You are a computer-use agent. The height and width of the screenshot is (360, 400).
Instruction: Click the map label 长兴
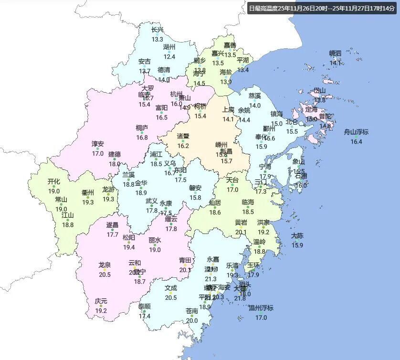tap(157, 30)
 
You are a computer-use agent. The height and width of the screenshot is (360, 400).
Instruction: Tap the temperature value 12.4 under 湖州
tap(169, 56)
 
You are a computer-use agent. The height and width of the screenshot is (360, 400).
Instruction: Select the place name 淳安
tap(98, 144)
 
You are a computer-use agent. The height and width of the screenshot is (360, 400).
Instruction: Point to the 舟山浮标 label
tap(356, 132)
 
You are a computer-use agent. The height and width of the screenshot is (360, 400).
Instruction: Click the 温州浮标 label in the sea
tap(261, 308)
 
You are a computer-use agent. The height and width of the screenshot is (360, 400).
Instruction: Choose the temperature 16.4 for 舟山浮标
tap(357, 141)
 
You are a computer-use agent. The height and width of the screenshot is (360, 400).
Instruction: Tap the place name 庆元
tap(101, 301)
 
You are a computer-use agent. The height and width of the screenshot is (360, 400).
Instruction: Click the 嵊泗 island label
tap(336, 53)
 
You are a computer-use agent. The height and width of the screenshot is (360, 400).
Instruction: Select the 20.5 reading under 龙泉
tap(105, 275)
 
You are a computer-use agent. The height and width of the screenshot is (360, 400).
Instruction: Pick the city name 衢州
tap(88, 192)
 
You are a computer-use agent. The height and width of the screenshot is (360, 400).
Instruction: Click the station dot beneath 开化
tap(54, 187)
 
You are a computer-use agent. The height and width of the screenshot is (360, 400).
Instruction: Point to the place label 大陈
tap(297, 235)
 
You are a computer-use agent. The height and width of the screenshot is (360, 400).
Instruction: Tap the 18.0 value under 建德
tap(115, 164)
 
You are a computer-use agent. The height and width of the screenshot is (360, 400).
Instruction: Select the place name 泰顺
tap(145, 306)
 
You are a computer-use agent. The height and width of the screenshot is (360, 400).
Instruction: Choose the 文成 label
tap(171, 288)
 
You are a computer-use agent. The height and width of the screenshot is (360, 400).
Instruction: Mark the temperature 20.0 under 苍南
tap(192, 320)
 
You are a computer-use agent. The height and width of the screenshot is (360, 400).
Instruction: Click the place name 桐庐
tap(142, 127)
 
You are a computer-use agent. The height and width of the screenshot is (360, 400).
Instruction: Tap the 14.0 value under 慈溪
tap(255, 106)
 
